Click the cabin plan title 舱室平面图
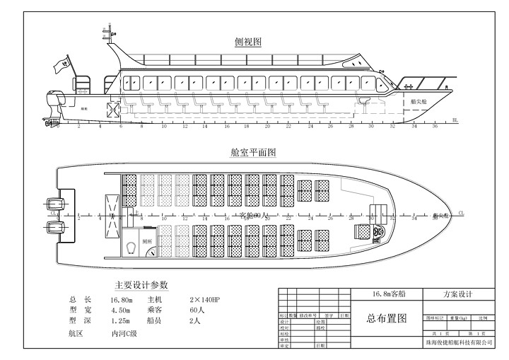pos(252,152)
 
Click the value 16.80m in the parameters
pos(122,300)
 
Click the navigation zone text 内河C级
pos(124,332)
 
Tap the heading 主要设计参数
pos(141,285)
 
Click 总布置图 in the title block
pos(387,319)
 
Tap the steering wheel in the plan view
pos(380,231)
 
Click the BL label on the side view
pos(455,121)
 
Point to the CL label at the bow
pos(461,211)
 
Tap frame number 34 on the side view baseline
pos(414,125)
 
